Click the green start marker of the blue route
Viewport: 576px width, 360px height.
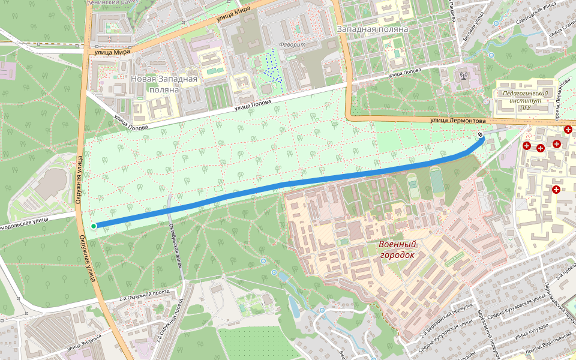coord(94,226)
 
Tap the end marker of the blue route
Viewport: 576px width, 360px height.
coord(481,134)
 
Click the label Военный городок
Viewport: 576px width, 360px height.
coord(397,250)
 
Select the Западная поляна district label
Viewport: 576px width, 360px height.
coord(373,29)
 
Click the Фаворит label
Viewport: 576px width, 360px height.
coord(292,45)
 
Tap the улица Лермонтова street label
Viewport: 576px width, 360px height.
coord(457,121)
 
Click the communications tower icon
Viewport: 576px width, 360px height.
coord(463,76)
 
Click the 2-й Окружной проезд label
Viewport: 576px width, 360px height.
coord(144,295)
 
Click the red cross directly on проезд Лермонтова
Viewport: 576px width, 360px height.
coord(568,130)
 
